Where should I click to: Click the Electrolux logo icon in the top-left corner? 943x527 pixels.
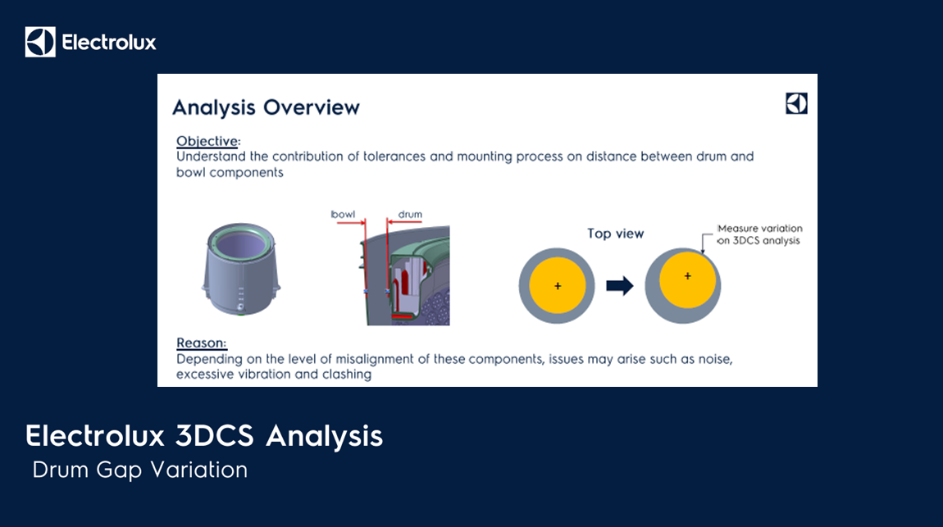tap(40, 42)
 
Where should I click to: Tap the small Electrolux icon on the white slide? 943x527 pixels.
tap(796, 103)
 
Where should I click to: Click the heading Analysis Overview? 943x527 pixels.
tap(266, 107)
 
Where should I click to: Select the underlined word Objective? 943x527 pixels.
tap(207, 141)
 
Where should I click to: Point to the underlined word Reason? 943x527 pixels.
tap(200, 343)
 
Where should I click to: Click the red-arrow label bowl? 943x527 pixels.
tap(343, 215)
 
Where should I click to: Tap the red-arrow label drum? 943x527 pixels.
tap(410, 215)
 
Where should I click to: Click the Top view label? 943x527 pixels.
tap(615, 234)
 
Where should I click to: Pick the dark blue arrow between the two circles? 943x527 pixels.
tap(619, 285)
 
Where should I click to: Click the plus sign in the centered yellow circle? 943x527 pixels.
tap(558, 286)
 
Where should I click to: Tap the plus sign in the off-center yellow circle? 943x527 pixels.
tap(687, 276)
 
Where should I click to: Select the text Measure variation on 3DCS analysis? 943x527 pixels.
tap(759, 234)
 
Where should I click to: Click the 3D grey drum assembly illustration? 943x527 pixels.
tap(240, 269)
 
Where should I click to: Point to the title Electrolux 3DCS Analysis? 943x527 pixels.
tap(204, 436)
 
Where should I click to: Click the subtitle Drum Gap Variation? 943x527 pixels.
tap(139, 470)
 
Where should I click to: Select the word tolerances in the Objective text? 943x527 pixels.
tap(394, 157)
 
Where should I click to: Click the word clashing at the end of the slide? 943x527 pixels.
tap(346, 375)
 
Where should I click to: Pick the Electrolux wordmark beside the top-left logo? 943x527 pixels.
tap(109, 42)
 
